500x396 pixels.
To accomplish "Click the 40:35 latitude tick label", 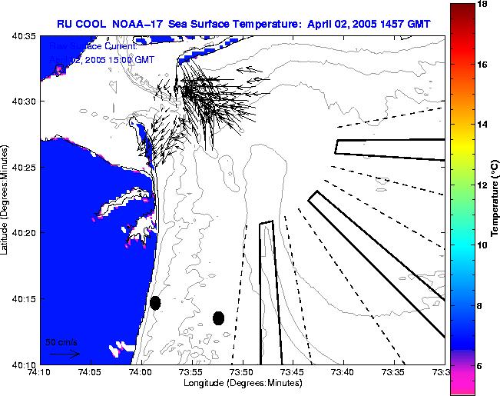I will [23, 35].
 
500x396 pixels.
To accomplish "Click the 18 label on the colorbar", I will [482, 5].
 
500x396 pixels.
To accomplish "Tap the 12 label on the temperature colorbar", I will [482, 185].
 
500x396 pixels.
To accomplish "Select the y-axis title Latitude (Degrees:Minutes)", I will [6, 200].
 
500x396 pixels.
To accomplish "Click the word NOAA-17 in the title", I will [144, 23].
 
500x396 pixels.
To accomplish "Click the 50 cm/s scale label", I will [61, 341].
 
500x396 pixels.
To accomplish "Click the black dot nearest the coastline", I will [155, 303].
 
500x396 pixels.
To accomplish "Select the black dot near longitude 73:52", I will [219, 318].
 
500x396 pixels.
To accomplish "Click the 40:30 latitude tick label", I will [23, 101].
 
